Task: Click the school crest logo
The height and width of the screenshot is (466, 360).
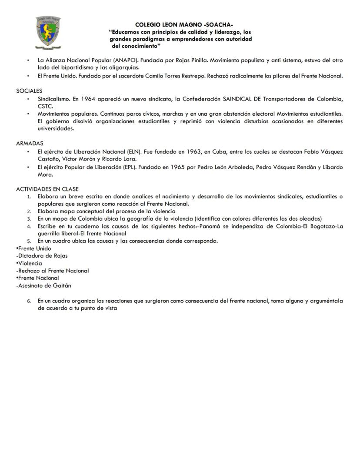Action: point(47,33)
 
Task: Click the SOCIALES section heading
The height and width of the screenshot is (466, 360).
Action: point(29,91)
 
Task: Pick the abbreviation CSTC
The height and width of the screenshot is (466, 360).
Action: point(45,106)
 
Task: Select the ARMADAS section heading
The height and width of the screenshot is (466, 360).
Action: point(30,143)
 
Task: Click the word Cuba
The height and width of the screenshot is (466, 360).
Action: point(220,151)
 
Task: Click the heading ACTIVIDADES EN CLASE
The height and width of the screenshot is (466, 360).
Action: point(47,189)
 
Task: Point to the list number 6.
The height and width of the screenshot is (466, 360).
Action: point(29,301)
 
